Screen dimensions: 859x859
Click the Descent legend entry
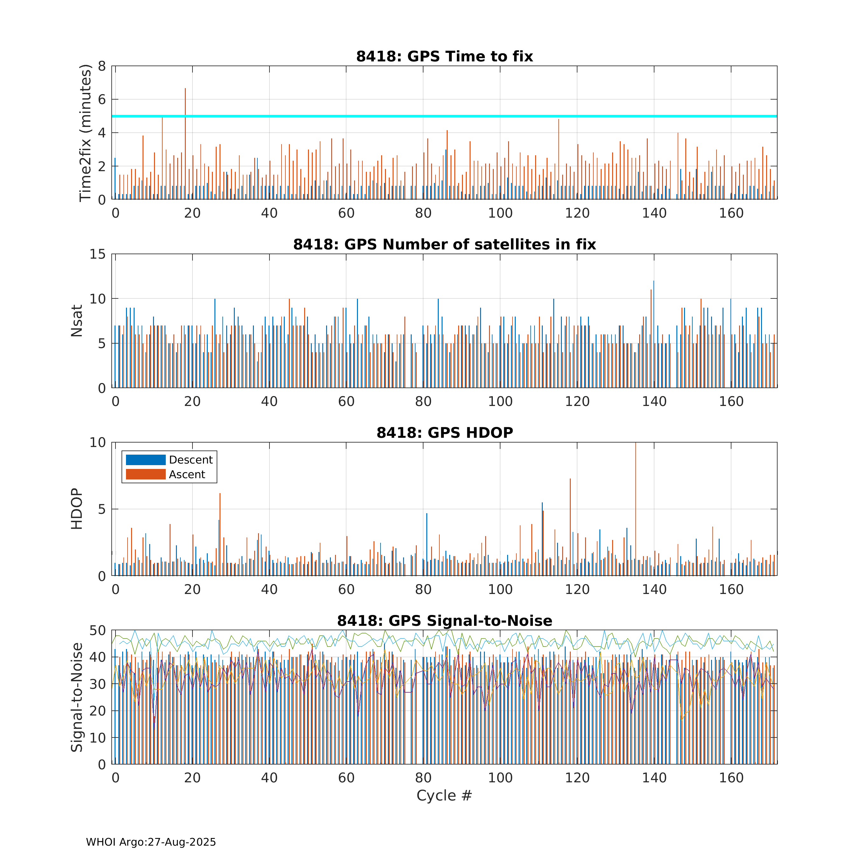(x=169, y=460)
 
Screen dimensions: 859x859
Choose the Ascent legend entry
(x=165, y=474)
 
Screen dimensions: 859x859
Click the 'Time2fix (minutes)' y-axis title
(x=85, y=133)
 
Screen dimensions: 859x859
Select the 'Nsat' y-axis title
(x=77, y=321)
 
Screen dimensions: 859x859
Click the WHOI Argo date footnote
(x=151, y=842)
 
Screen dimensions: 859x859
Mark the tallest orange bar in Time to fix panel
(x=185, y=143)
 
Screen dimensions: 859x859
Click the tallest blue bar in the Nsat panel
(x=653, y=334)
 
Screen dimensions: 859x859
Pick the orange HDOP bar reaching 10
(x=636, y=509)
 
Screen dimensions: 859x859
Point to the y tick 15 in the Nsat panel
(x=98, y=254)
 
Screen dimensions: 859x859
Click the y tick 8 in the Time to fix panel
(x=102, y=66)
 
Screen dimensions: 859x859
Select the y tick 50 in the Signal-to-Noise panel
(x=98, y=631)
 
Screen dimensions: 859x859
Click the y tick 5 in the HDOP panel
(x=102, y=509)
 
